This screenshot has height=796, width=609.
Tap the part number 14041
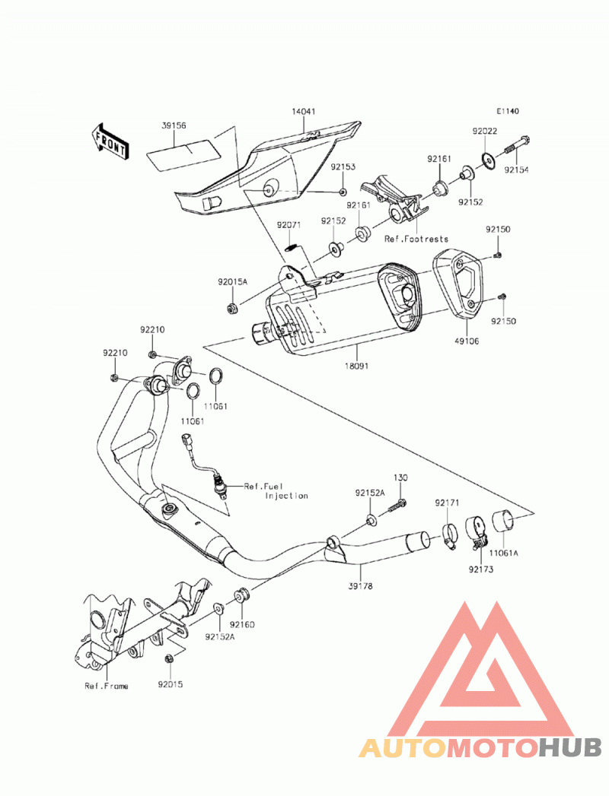[x=304, y=111]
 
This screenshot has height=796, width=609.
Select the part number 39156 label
[x=174, y=125]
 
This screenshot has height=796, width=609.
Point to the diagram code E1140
[x=508, y=111]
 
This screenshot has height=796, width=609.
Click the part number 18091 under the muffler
[x=358, y=366]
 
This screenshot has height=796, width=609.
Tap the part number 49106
[x=466, y=341]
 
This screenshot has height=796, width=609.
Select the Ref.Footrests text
[x=416, y=239]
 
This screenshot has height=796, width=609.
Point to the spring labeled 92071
[x=290, y=248]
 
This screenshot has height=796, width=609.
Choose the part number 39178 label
[x=360, y=586]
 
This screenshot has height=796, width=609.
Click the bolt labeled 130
[x=398, y=506]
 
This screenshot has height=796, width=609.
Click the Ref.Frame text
[x=107, y=687]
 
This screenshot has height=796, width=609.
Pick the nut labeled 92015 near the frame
[x=169, y=659]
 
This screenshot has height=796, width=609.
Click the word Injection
[x=286, y=496]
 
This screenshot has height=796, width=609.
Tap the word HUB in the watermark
[x=570, y=748]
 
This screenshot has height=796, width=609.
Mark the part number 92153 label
[x=343, y=167]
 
